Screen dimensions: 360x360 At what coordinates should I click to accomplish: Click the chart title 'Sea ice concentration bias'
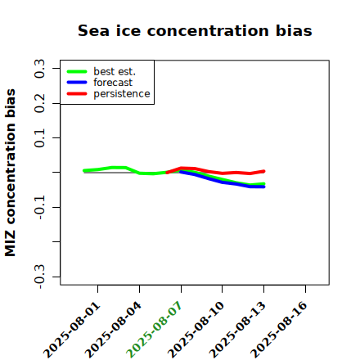point(195,30)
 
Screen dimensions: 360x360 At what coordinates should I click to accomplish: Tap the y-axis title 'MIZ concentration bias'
point(11,173)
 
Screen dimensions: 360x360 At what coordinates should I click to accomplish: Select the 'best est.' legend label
point(115,71)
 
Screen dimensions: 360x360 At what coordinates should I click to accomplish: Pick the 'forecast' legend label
point(113,83)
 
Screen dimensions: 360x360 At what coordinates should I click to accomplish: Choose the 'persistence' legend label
point(122,94)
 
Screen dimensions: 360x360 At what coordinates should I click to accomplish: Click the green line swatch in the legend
point(77,71)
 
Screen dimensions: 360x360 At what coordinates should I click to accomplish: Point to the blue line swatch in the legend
point(77,83)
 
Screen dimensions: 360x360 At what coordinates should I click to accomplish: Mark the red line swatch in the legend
point(77,94)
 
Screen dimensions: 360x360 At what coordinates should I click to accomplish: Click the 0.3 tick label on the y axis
point(39,69)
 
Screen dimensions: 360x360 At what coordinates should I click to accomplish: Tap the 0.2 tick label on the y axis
point(39,103)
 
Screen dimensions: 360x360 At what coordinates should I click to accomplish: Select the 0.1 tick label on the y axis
point(39,138)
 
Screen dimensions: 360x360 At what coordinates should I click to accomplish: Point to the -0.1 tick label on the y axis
point(39,208)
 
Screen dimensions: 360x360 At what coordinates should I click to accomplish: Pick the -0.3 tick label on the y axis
point(39,277)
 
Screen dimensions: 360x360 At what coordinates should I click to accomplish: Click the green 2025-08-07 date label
point(155,330)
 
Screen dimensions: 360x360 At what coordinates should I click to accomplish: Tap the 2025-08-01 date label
point(71,330)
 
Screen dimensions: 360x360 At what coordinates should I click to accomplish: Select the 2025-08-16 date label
point(279,330)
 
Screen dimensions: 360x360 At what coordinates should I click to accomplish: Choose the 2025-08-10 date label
point(196,330)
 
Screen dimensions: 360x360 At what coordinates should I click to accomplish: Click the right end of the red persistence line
point(263,171)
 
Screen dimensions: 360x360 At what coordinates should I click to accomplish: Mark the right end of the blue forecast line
point(263,187)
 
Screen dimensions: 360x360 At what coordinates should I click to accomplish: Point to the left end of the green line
point(84,170)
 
